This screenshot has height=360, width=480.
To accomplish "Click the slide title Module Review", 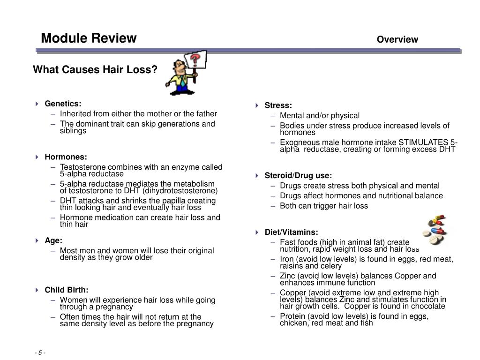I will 89,38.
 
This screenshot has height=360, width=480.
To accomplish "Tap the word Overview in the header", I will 397,39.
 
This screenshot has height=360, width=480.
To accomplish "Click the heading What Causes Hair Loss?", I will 95,70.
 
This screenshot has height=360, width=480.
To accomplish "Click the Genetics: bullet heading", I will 63,104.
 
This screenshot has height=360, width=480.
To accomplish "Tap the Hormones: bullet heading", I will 66,157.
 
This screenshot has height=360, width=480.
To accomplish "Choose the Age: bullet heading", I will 53,240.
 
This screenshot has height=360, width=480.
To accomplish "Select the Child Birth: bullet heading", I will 66,290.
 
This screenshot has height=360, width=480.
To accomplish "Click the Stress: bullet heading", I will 278,105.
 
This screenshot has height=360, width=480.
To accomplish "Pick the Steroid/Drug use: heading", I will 298,176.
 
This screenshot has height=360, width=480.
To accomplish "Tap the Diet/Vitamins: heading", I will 291,232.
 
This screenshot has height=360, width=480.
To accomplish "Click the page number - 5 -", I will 40,352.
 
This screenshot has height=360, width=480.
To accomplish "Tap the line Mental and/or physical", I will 320,115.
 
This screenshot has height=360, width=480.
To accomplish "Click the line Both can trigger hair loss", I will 324,206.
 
